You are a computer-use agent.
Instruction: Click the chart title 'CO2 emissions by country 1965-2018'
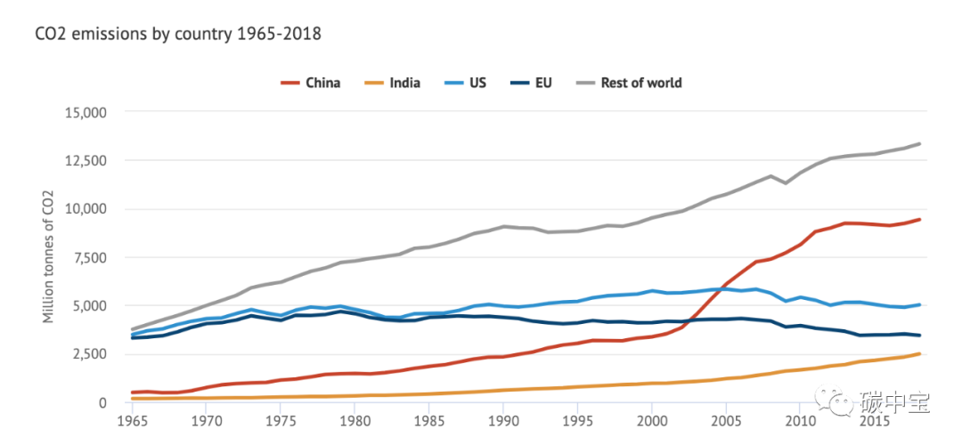tap(177, 35)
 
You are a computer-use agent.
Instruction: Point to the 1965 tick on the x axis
tap(132, 419)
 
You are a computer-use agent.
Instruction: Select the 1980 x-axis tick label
tap(355, 419)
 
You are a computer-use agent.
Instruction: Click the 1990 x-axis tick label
tap(503, 419)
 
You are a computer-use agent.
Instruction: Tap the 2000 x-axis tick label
tap(652, 419)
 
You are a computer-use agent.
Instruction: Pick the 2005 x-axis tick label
tap(726, 419)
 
